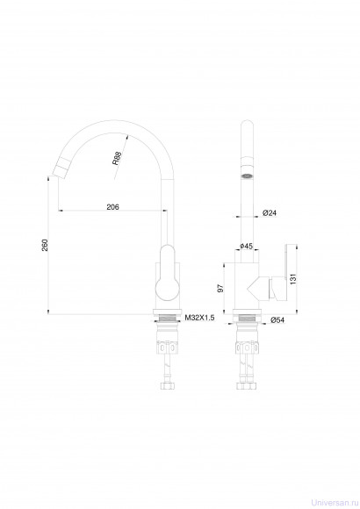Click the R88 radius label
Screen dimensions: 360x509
click(117, 158)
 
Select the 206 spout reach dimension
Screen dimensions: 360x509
click(112, 207)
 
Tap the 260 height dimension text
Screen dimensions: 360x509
click(45, 245)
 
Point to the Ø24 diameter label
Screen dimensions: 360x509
click(270, 213)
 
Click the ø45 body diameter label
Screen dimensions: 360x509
click(247, 246)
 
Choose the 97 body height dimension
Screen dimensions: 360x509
click(220, 288)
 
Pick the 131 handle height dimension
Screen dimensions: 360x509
click(293, 279)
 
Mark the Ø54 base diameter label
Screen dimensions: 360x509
click(277, 319)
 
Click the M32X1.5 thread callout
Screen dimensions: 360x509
click(200, 318)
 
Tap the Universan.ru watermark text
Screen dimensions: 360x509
click(335, 503)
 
